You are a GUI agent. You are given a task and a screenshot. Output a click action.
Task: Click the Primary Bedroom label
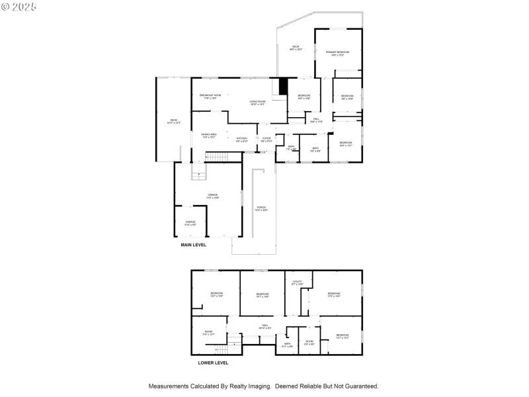pyautogui.click(x=337, y=53)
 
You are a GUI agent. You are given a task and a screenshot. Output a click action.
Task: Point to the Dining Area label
pyautogui.click(x=209, y=136)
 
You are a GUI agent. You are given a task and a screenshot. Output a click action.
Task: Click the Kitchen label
pyautogui.click(x=242, y=140)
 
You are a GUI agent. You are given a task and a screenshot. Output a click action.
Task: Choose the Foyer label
pyautogui.click(x=266, y=140)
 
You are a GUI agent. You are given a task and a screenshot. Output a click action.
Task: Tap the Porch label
pyautogui.click(x=261, y=208)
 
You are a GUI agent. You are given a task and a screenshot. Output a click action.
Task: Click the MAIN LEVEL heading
pyautogui.click(x=194, y=245)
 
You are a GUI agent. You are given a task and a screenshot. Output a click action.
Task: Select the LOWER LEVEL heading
pyautogui.click(x=213, y=363)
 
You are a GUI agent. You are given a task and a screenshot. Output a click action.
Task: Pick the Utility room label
pyautogui.click(x=297, y=283)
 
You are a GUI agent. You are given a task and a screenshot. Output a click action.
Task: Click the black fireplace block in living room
pyautogui.click(x=284, y=87)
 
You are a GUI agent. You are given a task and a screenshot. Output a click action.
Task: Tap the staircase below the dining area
pyautogui.click(x=216, y=157)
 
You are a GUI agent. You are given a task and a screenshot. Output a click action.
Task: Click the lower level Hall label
pyautogui.click(x=264, y=326)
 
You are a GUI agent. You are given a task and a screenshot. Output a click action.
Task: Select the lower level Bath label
pyautogui.click(x=288, y=345)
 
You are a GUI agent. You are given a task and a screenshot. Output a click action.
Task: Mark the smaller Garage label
pyautogui.click(x=190, y=223)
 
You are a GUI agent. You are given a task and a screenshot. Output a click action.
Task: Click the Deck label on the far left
pyautogui.click(x=174, y=121)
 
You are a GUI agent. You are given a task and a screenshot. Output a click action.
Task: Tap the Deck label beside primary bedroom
pyautogui.click(x=296, y=48)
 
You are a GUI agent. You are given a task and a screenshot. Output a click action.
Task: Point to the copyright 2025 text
pyautogui.click(x=19, y=6)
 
